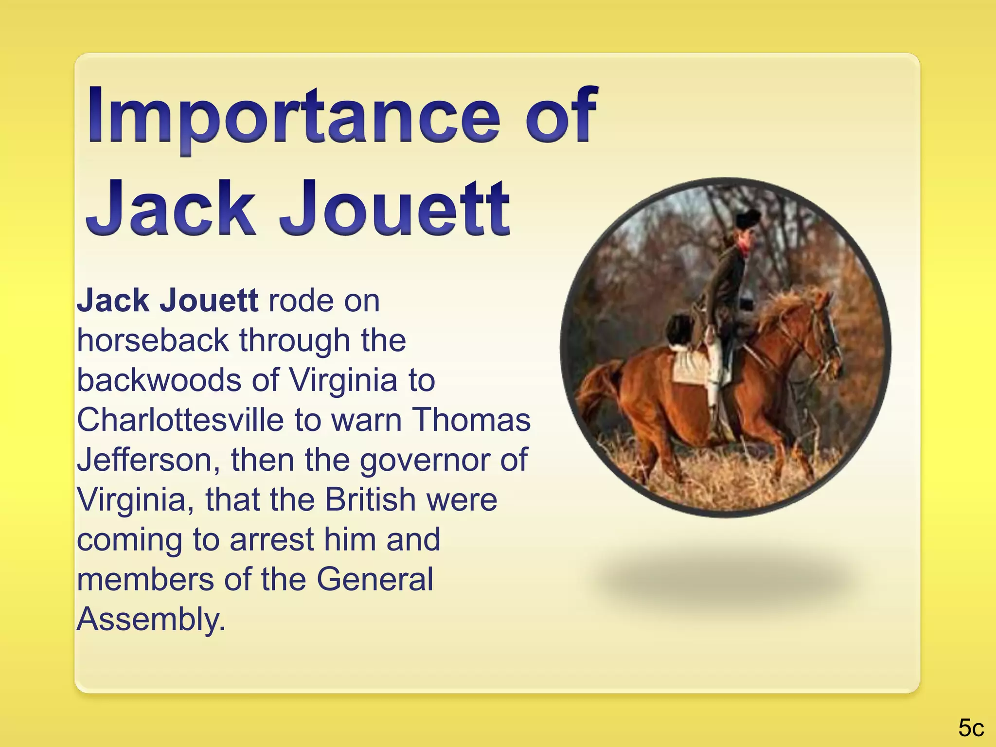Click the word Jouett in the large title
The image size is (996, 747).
[x=394, y=209]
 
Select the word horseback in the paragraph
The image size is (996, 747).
[x=152, y=340]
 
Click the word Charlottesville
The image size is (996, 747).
[x=180, y=420]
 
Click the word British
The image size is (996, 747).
[x=370, y=500]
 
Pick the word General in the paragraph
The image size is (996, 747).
[x=374, y=580]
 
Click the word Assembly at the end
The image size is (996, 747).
[x=151, y=620]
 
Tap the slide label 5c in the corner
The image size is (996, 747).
[x=971, y=728]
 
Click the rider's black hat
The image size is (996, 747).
[x=748, y=219]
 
